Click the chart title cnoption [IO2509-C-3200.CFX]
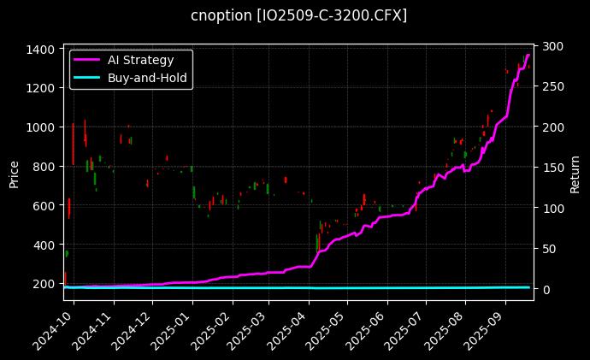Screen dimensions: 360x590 point(298,15)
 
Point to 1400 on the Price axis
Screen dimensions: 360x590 point(41,49)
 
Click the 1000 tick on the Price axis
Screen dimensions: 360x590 point(41,127)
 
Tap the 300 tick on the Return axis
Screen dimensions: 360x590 point(548,46)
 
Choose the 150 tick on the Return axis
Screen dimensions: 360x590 point(548,168)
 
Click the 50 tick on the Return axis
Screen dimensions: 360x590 point(546,249)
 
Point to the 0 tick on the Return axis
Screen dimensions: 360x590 point(542,289)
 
